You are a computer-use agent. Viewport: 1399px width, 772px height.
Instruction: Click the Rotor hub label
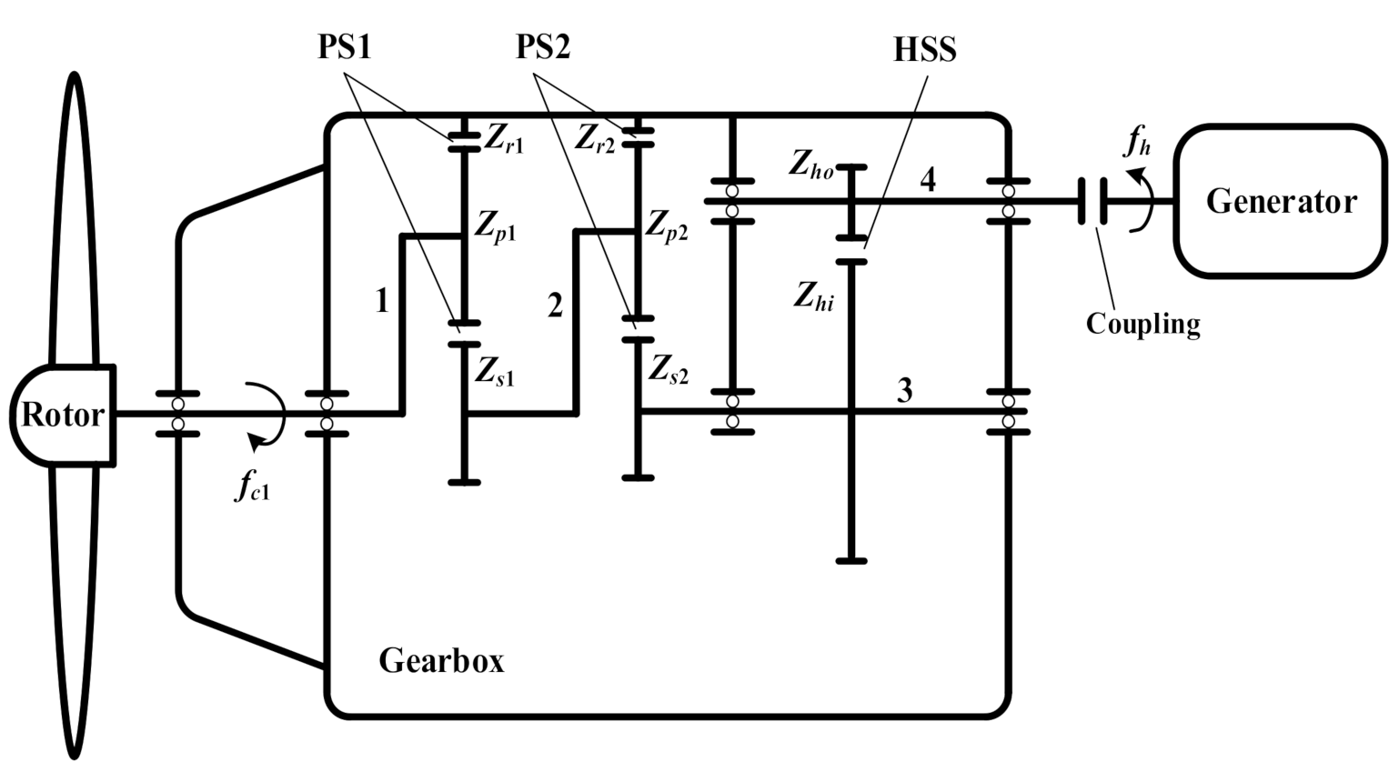click(x=62, y=415)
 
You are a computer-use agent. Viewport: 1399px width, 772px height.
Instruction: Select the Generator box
click(x=1281, y=201)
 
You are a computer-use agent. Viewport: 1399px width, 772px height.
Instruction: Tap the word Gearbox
click(x=441, y=660)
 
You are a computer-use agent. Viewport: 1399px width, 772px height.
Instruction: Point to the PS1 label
click(x=345, y=46)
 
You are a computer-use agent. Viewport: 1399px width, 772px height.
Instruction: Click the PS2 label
click(x=543, y=46)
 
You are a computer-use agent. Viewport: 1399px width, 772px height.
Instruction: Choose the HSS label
click(x=924, y=50)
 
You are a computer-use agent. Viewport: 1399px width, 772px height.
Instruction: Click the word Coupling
click(x=1142, y=324)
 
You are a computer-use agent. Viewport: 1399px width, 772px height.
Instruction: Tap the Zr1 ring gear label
click(x=504, y=138)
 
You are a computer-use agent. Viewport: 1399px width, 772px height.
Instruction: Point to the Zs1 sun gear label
click(x=494, y=371)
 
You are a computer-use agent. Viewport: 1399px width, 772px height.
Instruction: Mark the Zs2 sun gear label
click(x=669, y=369)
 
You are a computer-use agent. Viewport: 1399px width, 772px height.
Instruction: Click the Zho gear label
click(x=810, y=165)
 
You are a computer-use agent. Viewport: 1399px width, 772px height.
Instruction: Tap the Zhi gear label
click(x=813, y=296)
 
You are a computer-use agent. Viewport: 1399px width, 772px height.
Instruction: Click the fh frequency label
click(x=1138, y=140)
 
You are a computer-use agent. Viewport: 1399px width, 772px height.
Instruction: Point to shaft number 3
click(x=904, y=390)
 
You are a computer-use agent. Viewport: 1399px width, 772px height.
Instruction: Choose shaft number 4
click(x=927, y=180)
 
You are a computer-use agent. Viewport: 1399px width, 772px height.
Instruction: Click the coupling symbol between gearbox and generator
click(x=1092, y=201)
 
